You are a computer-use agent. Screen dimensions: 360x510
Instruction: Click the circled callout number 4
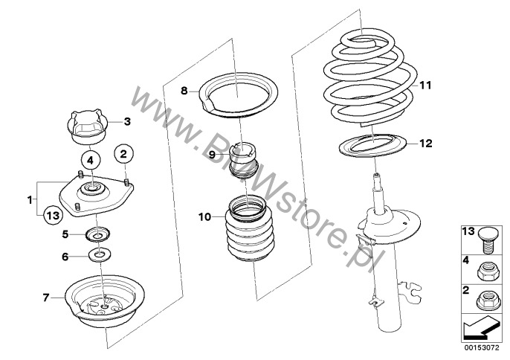pyautogui.click(x=89, y=160)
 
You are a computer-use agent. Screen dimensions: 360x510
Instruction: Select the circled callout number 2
pyautogui.click(x=123, y=154)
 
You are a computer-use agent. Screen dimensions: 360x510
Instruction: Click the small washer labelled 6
pyautogui.click(x=98, y=257)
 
